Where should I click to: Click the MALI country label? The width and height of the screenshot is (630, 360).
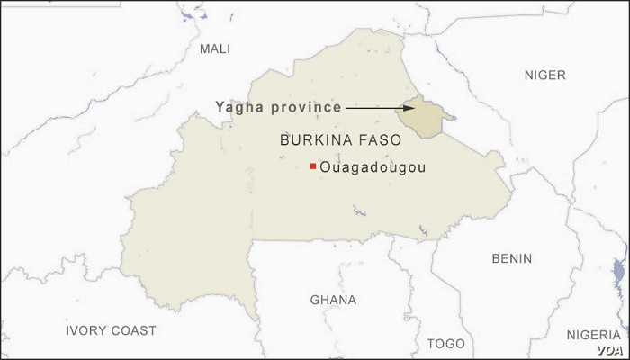point(215,49)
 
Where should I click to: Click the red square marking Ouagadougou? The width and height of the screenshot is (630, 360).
point(312,166)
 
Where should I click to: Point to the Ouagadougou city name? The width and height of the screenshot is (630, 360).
point(372,167)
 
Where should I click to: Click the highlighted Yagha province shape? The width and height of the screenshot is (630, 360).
point(422,117)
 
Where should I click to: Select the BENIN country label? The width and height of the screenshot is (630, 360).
point(511,258)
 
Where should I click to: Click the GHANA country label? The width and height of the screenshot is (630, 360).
point(332,300)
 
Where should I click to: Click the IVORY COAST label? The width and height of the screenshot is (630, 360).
point(111,330)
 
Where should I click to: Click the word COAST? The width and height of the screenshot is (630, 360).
point(132,330)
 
